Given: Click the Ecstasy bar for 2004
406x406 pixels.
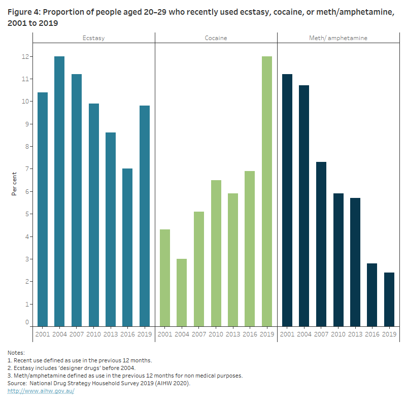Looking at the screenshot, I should click(x=59, y=191).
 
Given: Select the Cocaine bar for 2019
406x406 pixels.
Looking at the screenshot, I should click(x=266, y=191).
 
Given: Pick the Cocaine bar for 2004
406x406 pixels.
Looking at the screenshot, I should click(x=182, y=292).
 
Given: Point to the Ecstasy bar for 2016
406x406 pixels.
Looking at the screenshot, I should click(x=127, y=247).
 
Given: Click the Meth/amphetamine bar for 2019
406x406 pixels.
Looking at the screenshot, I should click(x=389, y=299).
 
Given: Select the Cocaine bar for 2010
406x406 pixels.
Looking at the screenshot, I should click(x=216, y=253).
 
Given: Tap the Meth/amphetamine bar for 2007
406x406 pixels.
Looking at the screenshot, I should click(x=321, y=244).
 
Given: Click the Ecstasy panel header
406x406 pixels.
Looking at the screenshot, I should click(x=94, y=38).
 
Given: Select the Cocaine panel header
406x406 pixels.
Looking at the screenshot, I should click(x=216, y=38).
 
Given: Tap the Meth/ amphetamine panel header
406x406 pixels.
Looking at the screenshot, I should click(x=338, y=38).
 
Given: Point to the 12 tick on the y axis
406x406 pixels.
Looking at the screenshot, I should click(x=24, y=56).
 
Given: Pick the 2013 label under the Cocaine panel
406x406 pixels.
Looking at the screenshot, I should click(x=232, y=334).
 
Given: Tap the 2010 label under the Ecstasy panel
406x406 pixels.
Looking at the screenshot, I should click(x=93, y=334).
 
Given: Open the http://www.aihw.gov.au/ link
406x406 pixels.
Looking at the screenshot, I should click(x=41, y=391).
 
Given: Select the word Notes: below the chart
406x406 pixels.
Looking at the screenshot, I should click(x=16, y=353).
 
